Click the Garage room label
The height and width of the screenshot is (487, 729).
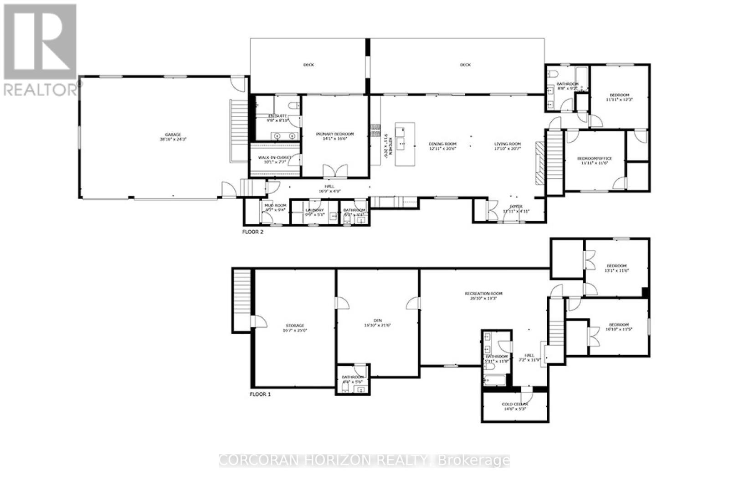173,135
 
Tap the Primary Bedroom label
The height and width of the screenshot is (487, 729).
335,134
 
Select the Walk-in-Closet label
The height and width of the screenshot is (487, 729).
275,158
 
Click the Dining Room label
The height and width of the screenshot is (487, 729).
442,144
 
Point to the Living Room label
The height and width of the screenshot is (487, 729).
508,144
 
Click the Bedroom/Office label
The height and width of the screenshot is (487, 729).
595,159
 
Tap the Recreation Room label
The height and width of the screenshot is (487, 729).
483,294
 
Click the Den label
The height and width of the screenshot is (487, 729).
378,321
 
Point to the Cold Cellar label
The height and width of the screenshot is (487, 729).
515,404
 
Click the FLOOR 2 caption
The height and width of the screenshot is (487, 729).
253,232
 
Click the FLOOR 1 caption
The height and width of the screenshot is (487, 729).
260,394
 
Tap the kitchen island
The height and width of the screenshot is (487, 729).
405,144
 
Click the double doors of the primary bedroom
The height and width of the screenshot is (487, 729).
335,171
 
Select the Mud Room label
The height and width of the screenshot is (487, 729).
276,206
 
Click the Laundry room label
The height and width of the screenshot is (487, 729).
314,210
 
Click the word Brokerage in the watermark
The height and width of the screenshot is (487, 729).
475,461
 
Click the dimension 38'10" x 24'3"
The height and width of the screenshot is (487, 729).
173,140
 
